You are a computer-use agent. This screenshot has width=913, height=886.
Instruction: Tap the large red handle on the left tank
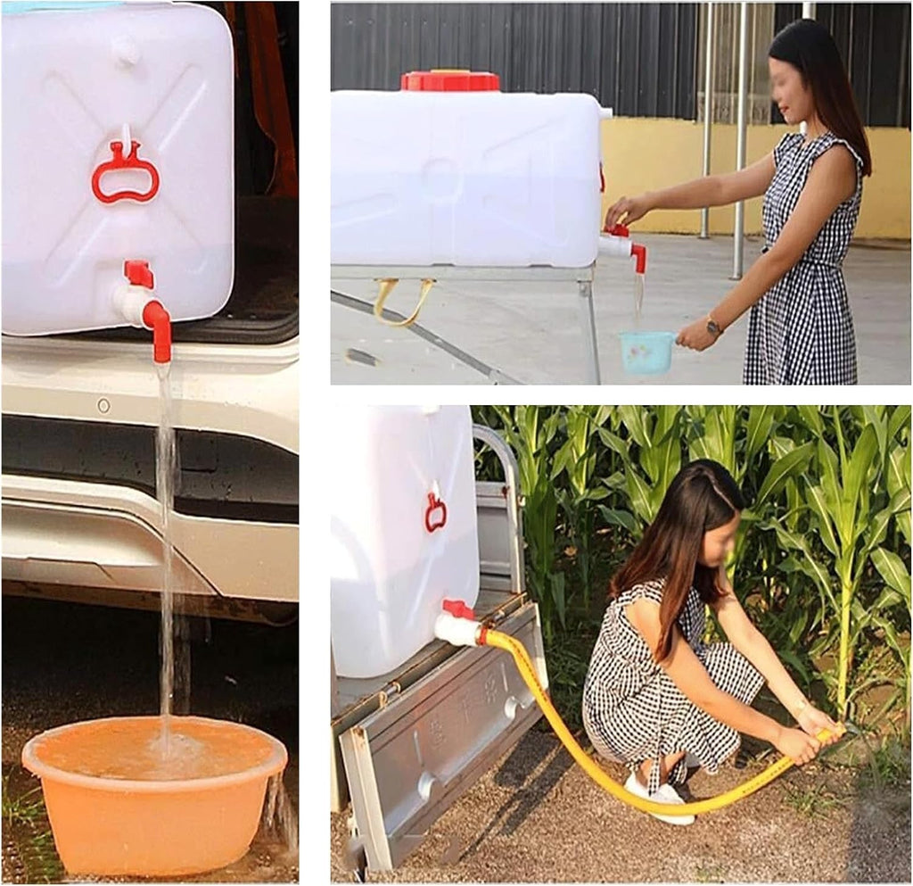coord(126,173)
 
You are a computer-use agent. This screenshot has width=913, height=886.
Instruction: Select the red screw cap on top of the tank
coord(449,80)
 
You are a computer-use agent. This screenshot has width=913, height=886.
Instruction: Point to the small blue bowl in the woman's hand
coord(646,352)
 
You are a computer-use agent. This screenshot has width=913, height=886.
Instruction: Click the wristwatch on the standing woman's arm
coord(713,327)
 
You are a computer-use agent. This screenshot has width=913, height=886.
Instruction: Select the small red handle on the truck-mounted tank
coord(435,512)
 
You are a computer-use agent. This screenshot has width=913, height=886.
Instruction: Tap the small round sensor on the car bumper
coord(104,405)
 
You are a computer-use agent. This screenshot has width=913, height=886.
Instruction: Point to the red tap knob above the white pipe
coord(138,273)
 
